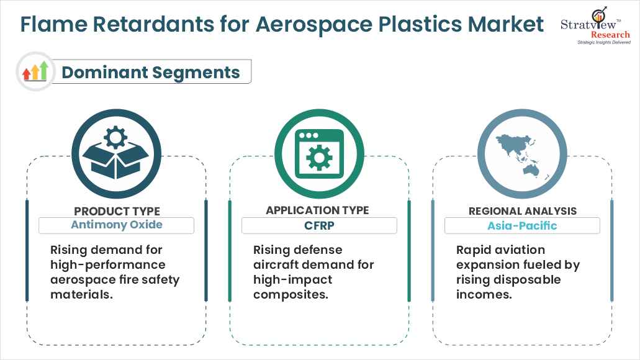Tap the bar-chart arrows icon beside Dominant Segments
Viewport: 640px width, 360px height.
(35, 71)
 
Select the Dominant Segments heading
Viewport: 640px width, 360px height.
(150, 72)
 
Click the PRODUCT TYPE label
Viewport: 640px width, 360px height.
(117, 211)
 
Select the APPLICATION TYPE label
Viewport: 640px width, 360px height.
(317, 210)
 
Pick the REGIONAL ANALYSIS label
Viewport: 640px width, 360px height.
(522, 211)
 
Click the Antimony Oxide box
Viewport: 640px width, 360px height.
(117, 225)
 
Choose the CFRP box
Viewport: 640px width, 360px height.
(319, 225)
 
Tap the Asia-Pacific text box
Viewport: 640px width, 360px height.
(522, 225)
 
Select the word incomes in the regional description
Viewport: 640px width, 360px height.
(484, 295)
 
